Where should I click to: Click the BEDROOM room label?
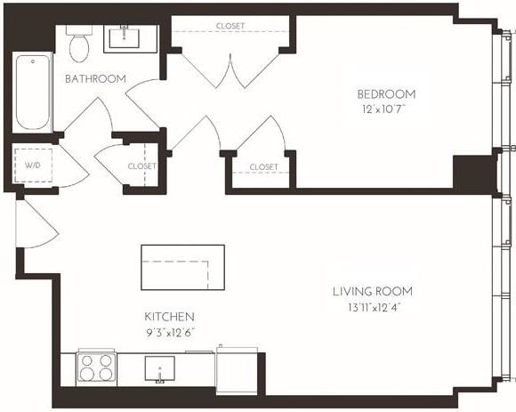point(386,94)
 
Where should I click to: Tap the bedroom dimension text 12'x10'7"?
point(386,109)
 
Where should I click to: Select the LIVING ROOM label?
point(373,291)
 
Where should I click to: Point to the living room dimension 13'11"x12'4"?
point(373,307)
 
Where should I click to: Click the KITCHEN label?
point(169,317)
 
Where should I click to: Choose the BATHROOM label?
point(95,79)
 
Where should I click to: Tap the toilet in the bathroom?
point(78,45)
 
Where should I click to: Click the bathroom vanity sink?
point(131,38)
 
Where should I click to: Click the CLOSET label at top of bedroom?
point(230,27)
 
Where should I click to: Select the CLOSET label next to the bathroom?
point(141,166)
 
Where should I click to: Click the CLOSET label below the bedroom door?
point(263,167)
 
